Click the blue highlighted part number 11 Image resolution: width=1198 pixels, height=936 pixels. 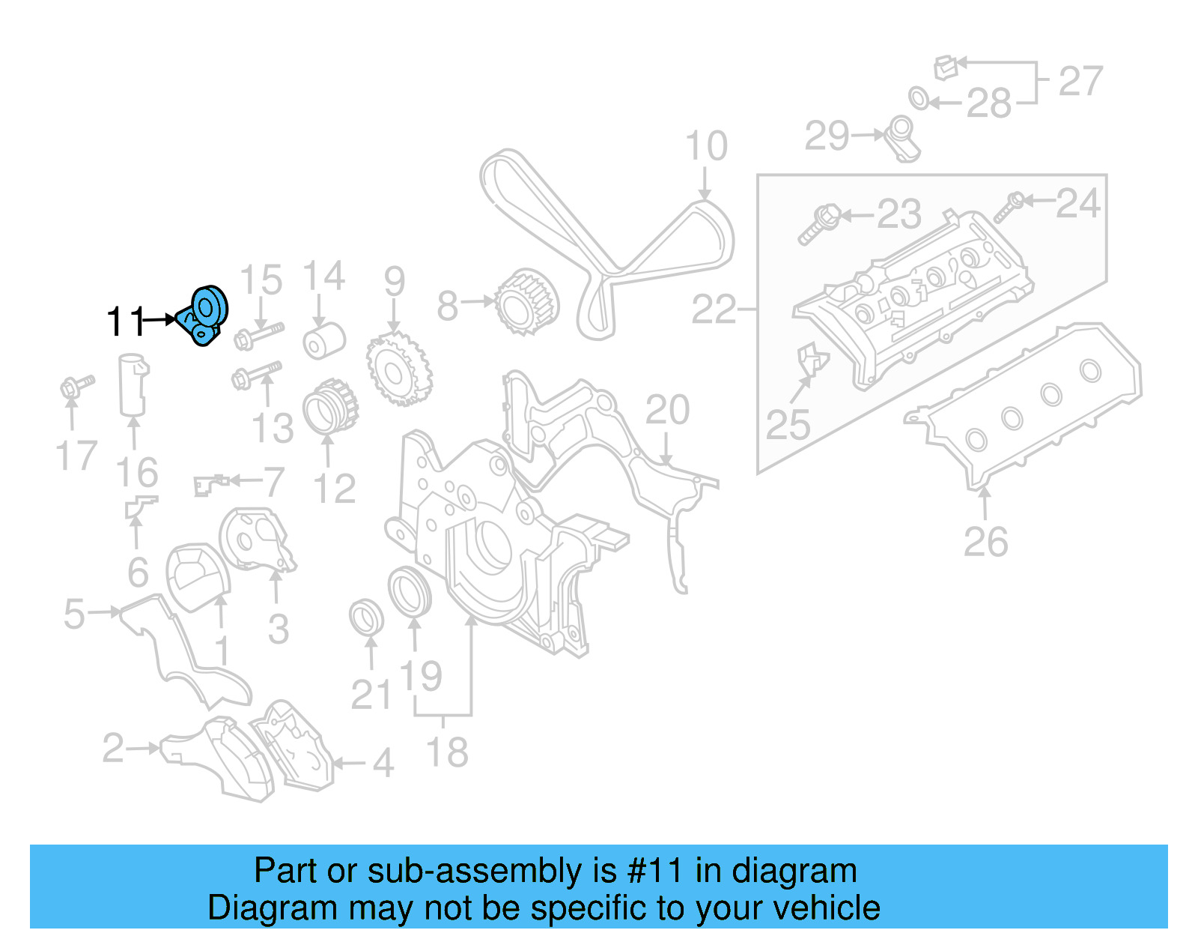pos(203,315)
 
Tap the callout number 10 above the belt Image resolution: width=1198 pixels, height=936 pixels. pos(706,146)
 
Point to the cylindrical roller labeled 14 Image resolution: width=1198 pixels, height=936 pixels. pos(324,341)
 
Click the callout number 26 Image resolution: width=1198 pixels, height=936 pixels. pos(985,542)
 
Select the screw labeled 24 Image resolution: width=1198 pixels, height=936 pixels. pos(1009,207)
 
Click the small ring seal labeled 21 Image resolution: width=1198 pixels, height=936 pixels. pos(367,618)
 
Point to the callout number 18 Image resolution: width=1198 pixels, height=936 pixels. pos(447,752)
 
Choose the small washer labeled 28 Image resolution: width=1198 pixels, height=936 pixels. pos(919,97)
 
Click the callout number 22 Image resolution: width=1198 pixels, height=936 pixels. pos(714,310)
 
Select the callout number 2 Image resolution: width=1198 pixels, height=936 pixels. pos(113,748)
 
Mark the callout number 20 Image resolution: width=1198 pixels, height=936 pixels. pos(667,410)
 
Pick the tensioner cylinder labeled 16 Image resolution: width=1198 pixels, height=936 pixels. pos(133,384)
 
